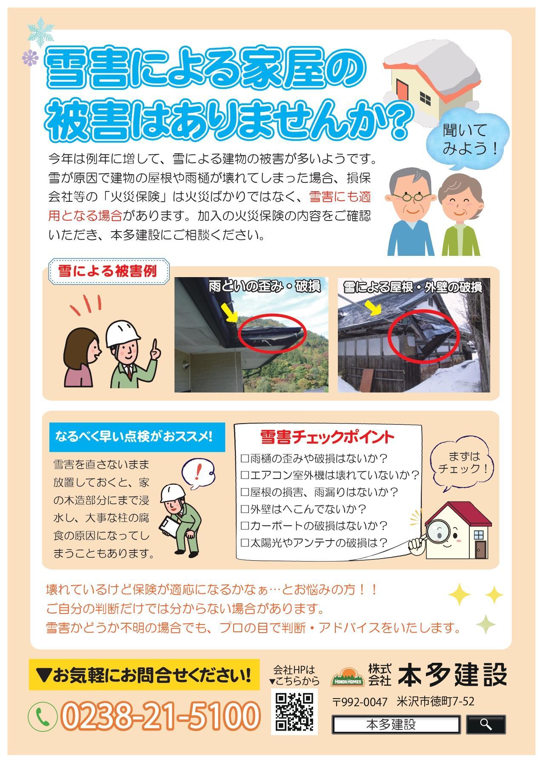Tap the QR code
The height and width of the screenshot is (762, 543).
294,711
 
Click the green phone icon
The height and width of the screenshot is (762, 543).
43,716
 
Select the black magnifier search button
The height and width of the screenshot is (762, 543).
486,725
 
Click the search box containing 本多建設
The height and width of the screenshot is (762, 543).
396,725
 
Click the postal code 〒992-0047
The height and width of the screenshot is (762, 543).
360,702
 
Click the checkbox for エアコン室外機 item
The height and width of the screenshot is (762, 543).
244,475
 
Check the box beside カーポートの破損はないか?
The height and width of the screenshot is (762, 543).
244,526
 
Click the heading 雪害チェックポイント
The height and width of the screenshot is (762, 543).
327,437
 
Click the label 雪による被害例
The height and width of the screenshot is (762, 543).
108,271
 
